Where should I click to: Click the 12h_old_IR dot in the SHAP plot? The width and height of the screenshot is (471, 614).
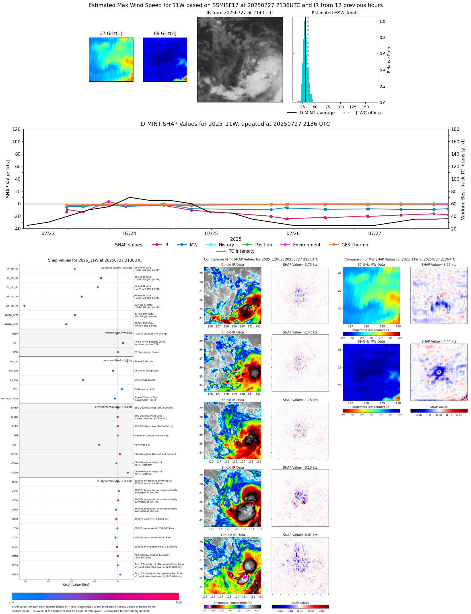[x=24, y=306]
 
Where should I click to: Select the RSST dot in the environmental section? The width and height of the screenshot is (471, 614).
[x=99, y=445]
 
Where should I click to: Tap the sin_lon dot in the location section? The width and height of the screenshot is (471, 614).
[x=83, y=380]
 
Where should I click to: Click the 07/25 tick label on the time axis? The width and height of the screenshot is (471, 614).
[x=211, y=234]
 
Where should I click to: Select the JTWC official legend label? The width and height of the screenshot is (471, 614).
[x=369, y=113]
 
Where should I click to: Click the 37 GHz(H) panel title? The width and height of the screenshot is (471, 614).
[x=111, y=34]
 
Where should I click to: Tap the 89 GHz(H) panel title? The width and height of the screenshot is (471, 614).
[x=165, y=34]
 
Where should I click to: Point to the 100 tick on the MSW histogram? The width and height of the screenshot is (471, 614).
[x=340, y=107]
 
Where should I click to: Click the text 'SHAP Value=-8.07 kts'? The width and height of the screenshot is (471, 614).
[x=300, y=535]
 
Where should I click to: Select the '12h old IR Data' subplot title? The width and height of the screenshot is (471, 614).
[x=233, y=535]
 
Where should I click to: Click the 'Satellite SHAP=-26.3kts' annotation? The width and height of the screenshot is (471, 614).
[x=116, y=268]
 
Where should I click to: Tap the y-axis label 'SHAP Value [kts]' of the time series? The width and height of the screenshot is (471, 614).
[x=8, y=179]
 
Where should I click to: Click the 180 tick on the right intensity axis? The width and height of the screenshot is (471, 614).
[x=455, y=129]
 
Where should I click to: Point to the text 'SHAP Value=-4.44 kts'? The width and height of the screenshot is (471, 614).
[x=439, y=341]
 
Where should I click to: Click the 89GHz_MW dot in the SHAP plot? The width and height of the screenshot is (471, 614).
[x=66, y=324]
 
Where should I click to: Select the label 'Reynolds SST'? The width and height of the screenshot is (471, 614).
[x=142, y=445]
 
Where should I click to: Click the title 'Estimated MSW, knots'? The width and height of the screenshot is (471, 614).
[x=335, y=13]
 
